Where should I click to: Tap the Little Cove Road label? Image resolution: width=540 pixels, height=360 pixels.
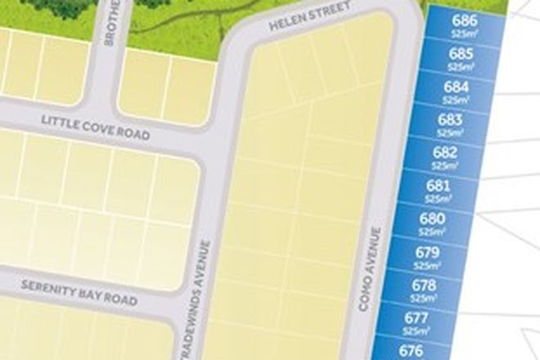click(x=95, y=127)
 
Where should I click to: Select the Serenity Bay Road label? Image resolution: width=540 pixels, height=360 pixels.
click(x=79, y=291)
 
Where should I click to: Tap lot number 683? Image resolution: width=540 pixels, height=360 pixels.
click(x=450, y=120)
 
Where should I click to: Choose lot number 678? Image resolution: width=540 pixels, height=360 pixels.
click(x=423, y=286)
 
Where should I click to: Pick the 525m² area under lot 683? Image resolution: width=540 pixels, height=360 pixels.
click(x=450, y=133)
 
